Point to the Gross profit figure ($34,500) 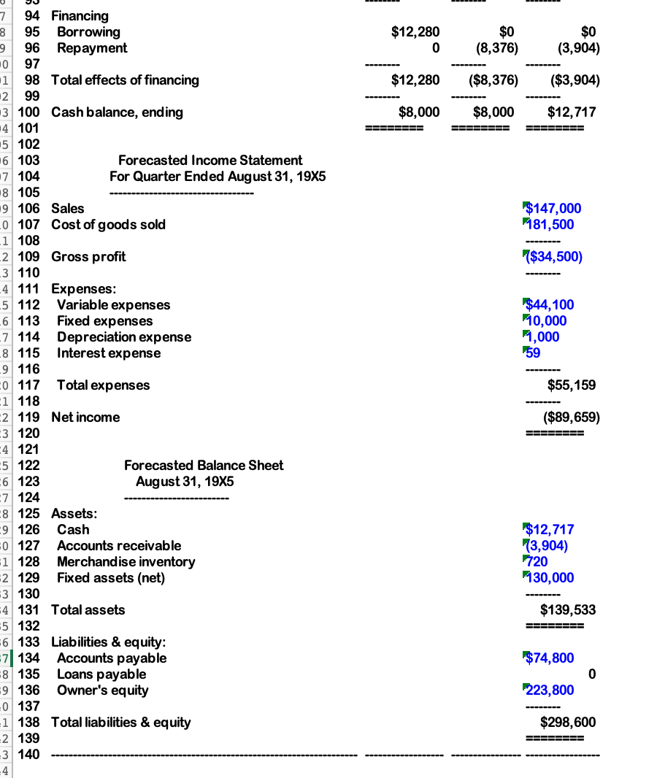(x=553, y=257)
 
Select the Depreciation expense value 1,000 (x=544, y=337)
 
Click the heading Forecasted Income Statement (x=210, y=161)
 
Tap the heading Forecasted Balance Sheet (x=204, y=466)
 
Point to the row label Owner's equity (x=102, y=690)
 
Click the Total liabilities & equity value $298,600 (x=567, y=723)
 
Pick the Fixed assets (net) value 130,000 (x=551, y=578)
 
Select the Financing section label (x=80, y=16)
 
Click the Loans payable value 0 (x=591, y=674)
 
